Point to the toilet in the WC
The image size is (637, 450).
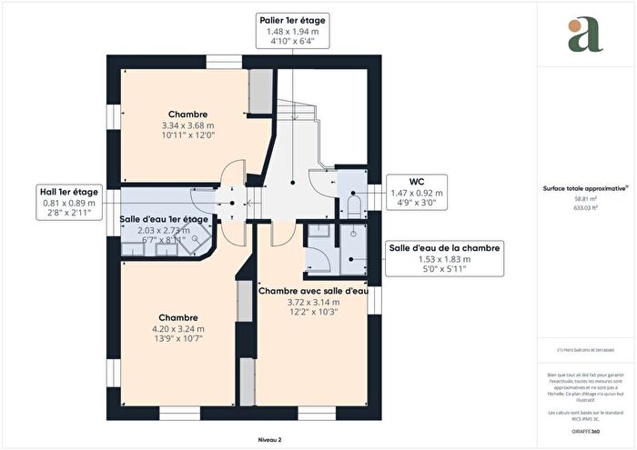coord(354,202)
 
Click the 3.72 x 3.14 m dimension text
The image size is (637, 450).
coord(313,302)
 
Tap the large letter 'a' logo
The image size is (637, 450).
coord(579,35)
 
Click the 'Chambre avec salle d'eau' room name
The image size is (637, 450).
coord(313,291)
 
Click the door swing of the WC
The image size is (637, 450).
coord(321,181)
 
